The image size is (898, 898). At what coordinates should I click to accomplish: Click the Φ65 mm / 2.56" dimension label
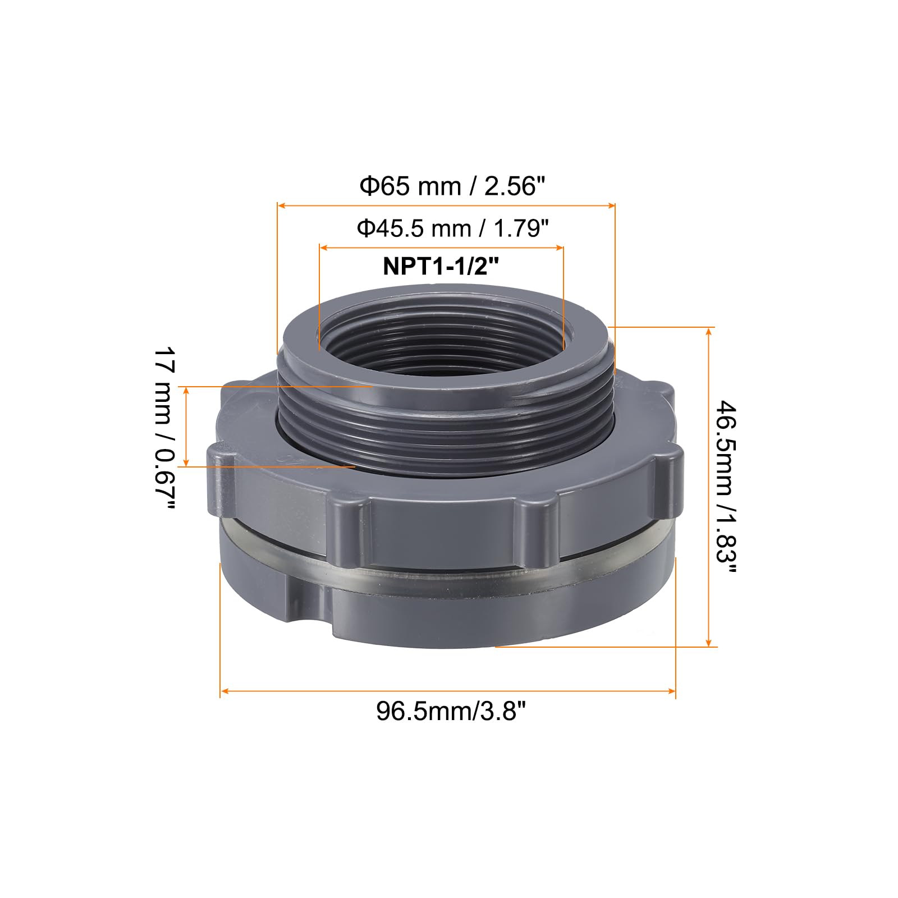pos(452,186)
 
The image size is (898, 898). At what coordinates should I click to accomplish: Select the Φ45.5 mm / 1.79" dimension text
pos(452,228)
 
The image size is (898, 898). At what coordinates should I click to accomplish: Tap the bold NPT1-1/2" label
pos(441,266)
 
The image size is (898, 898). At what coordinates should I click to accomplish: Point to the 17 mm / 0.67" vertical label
pos(164,429)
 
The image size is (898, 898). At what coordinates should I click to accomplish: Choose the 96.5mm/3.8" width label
pos(451,712)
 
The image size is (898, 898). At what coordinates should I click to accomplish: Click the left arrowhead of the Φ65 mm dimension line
pos(282,206)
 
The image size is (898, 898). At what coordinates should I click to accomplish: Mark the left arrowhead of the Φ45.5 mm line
pos(324,247)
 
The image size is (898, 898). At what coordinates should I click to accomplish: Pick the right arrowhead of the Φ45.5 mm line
pos(560,247)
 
